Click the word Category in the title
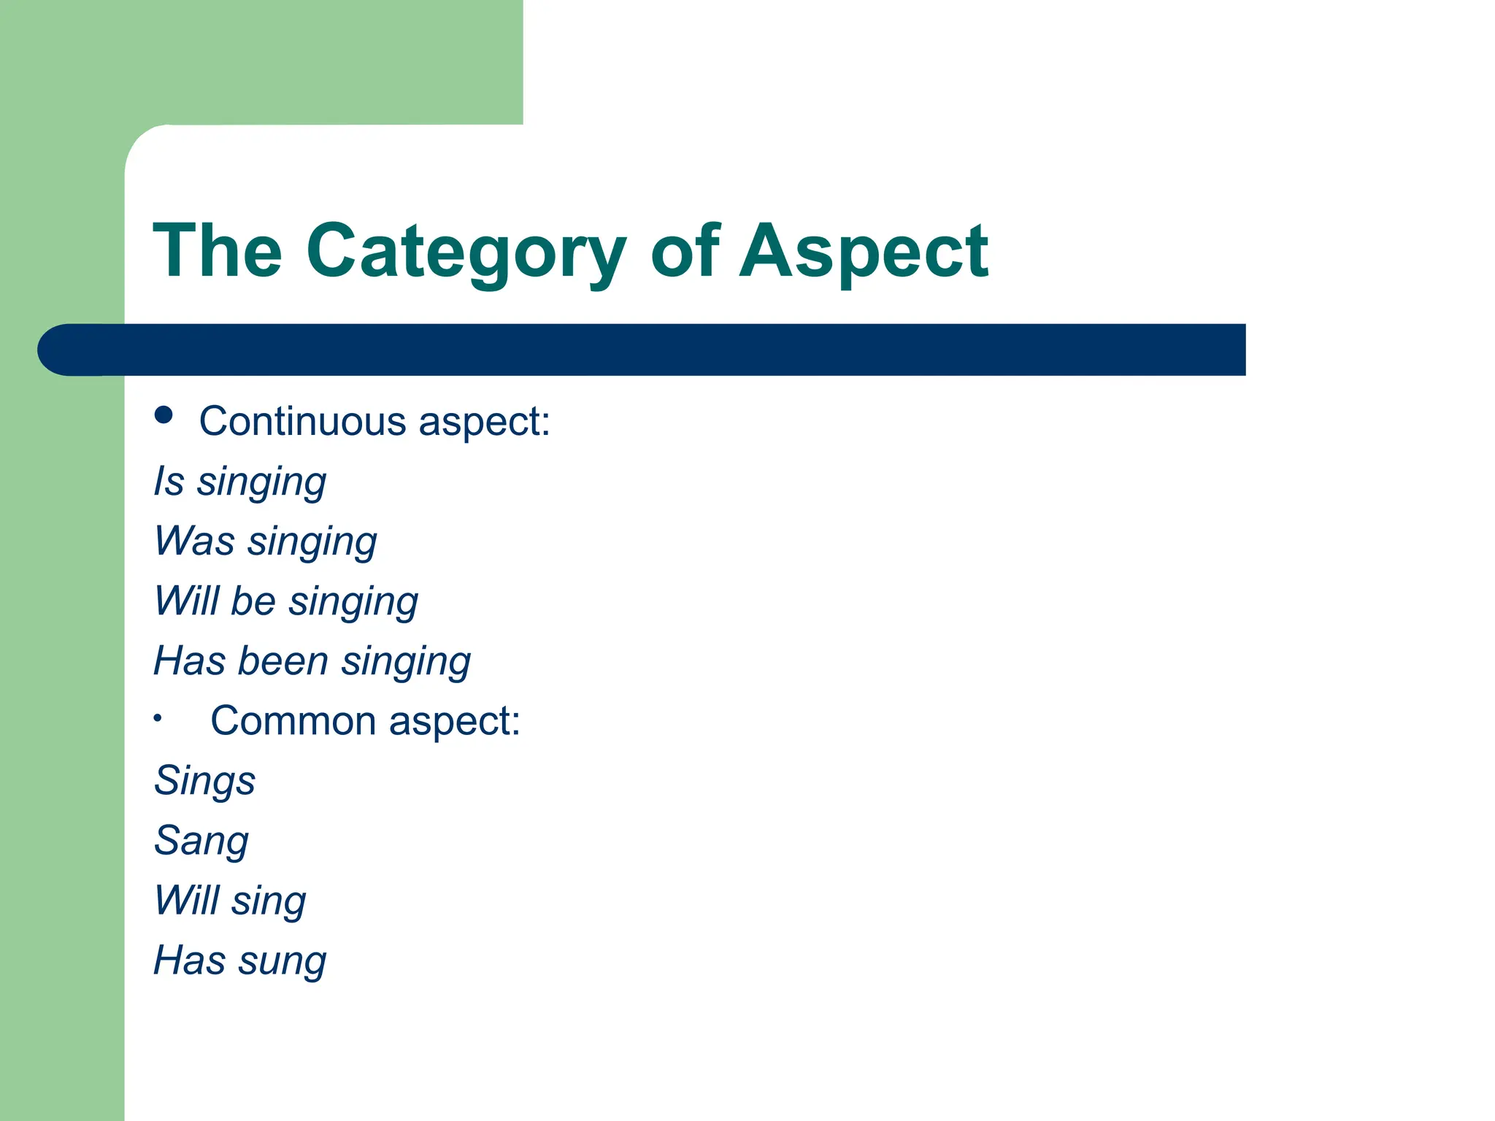click(465, 252)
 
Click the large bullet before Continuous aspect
click(164, 415)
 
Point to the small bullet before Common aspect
click(158, 719)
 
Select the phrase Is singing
click(239, 482)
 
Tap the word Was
click(194, 542)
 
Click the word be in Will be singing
click(253, 601)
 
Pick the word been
click(283, 661)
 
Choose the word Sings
click(204, 781)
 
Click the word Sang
click(201, 841)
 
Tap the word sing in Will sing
click(269, 901)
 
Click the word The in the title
click(218, 252)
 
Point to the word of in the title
click(685, 252)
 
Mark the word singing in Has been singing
click(406, 661)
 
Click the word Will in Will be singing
click(186, 601)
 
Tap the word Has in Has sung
click(189, 960)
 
